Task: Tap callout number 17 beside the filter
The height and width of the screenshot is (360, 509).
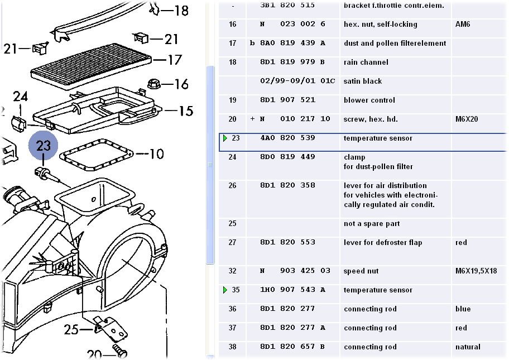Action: (175, 60)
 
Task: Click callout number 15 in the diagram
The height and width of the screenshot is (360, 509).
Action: (185, 111)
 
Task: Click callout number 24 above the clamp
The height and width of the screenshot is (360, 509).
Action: (21, 97)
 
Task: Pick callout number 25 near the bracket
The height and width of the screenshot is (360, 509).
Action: (71, 330)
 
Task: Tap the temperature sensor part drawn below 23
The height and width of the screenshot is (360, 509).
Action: (46, 173)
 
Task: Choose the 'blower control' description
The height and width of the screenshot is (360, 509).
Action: (369, 100)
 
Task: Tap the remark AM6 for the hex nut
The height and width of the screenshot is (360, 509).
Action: (463, 25)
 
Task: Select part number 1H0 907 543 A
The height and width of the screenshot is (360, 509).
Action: (292, 290)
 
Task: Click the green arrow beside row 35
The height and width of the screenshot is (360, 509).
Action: (225, 290)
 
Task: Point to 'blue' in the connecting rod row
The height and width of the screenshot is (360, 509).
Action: (463, 309)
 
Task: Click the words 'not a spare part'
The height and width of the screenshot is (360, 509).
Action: (372, 224)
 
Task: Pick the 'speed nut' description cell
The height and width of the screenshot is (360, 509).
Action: (361, 271)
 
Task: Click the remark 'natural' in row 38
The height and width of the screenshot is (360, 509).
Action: (468, 347)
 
